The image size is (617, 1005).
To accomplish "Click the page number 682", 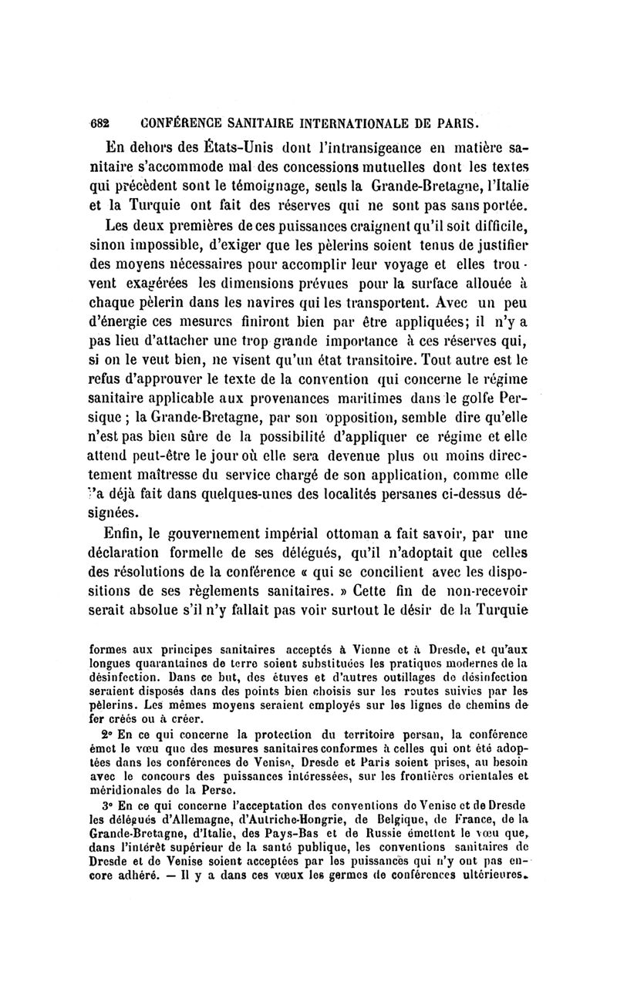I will (x=100, y=123).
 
